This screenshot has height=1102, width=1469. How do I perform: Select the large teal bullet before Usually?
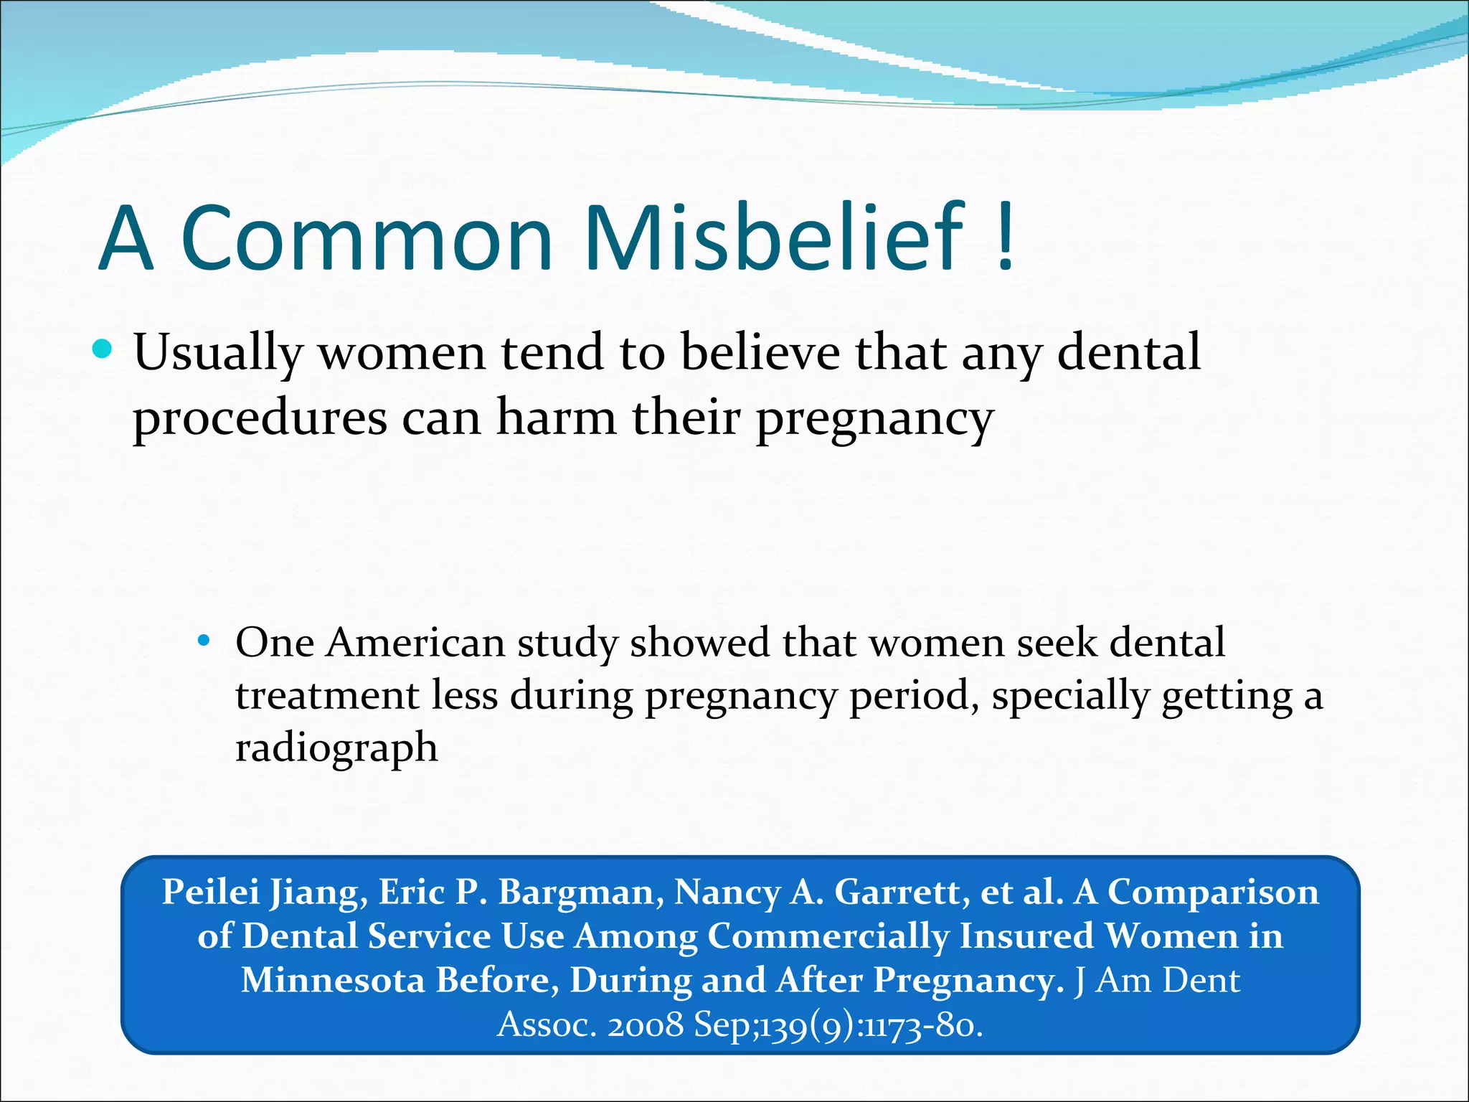pos(103,349)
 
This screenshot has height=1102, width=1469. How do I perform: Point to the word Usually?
pos(218,354)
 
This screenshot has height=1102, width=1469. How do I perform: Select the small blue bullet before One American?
pos(204,640)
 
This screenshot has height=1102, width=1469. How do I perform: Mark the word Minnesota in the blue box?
pos(333,980)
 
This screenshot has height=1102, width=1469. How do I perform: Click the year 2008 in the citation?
pos(645,1025)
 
